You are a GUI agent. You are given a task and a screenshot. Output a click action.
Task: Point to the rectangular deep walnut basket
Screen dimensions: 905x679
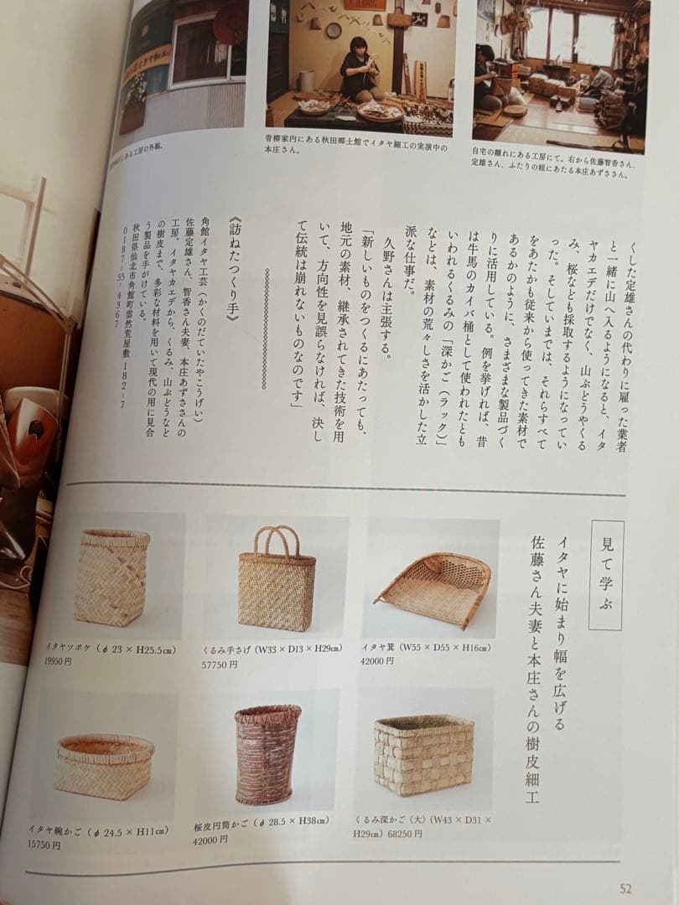(x=423, y=754)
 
